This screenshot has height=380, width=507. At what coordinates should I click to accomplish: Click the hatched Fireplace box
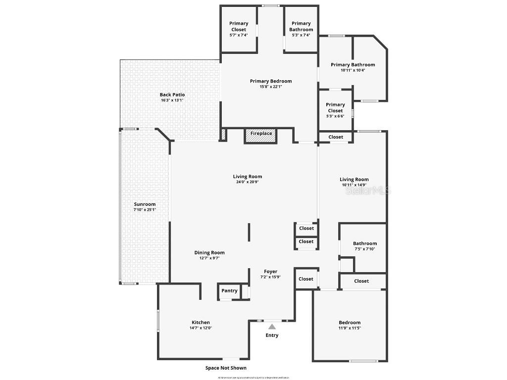[260, 136]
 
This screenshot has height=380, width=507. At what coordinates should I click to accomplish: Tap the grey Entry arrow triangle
[272, 327]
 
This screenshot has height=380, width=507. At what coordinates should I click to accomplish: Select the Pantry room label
[229, 291]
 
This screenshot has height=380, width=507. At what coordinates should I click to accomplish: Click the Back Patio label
[172, 95]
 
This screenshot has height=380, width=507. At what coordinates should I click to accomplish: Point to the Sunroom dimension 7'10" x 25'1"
[145, 210]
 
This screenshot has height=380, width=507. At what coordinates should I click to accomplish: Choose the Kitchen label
[201, 322]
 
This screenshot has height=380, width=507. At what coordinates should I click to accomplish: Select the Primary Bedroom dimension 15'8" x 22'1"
[270, 87]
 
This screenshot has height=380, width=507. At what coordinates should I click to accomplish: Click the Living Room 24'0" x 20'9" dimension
[248, 182]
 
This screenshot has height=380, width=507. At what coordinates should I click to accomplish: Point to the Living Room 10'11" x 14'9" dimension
[354, 185]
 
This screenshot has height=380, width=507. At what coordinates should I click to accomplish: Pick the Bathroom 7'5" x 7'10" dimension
[364, 249]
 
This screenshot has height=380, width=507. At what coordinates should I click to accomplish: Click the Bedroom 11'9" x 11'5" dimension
[350, 328]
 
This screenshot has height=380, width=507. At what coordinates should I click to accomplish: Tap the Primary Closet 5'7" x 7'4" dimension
[238, 35]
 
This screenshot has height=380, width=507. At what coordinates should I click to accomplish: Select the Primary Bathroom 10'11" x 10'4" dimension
[353, 70]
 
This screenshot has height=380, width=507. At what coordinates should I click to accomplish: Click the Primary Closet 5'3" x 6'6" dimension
[335, 116]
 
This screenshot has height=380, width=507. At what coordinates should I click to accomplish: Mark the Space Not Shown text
[226, 368]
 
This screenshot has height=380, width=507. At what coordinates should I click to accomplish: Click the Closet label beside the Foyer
[306, 279]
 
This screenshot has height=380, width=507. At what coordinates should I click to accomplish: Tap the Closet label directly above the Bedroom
[361, 281]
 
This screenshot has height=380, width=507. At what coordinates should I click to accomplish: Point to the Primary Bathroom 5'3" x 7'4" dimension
[301, 35]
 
